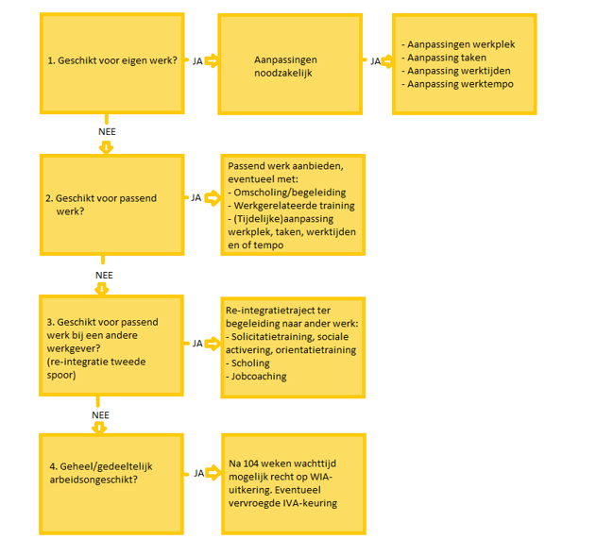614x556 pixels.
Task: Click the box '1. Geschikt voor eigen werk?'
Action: pyautogui.click(x=112, y=63)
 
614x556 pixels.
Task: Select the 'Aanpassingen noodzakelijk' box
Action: pyautogui.click(x=290, y=64)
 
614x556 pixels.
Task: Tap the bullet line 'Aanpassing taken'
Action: pyautogui.click(x=447, y=58)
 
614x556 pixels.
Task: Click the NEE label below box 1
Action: pyautogui.click(x=107, y=132)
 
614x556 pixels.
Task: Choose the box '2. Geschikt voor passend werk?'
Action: pyautogui.click(x=112, y=205)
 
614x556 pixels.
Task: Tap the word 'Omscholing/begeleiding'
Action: pyautogui.click(x=290, y=193)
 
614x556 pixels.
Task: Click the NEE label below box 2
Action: pyautogui.click(x=104, y=276)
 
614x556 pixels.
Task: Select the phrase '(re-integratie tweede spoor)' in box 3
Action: pyautogui.click(x=96, y=368)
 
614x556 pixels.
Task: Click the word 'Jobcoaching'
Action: pyautogui.click(x=259, y=377)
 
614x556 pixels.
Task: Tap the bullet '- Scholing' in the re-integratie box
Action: pyautogui.click(x=247, y=363)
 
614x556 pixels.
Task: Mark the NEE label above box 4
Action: pyautogui.click(x=101, y=415)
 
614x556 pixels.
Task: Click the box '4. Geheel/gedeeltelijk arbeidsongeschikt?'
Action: pyautogui.click(x=111, y=484)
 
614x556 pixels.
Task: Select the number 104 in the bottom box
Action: pyautogui.click(x=250, y=463)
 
